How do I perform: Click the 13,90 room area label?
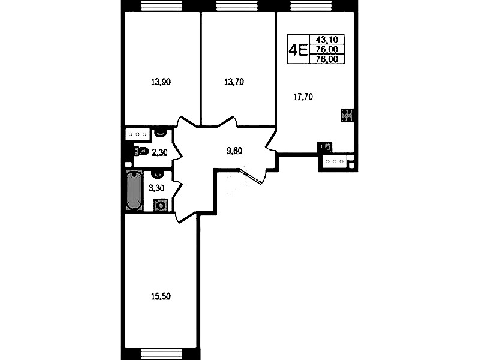click(x=161, y=82)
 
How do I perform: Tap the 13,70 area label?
click(x=234, y=82)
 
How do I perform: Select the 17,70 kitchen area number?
click(x=303, y=97)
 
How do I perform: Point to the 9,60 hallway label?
click(x=234, y=151)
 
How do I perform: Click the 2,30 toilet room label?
click(x=160, y=152)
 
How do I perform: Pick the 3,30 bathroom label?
click(x=156, y=188)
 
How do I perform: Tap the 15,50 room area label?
click(x=161, y=296)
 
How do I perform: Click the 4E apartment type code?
click(x=298, y=50)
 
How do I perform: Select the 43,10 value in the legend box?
click(x=327, y=39)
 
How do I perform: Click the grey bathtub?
click(x=134, y=190)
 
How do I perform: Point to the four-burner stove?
click(x=347, y=115)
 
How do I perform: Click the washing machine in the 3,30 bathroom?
click(x=161, y=205)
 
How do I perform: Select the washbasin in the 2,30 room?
click(x=159, y=133)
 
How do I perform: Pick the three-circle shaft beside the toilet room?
click(x=137, y=134)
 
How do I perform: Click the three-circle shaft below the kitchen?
click(x=335, y=161)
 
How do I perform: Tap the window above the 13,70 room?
click(x=237, y=5)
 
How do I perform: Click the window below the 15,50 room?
click(x=162, y=353)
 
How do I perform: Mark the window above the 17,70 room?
click(x=311, y=5)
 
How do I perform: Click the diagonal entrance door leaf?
click(x=251, y=176)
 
